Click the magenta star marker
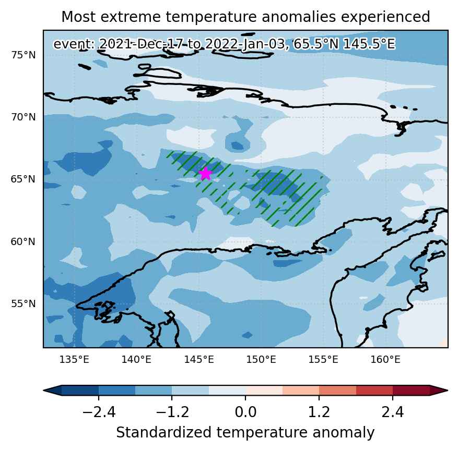coord(206,174)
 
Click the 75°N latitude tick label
coord(24,55)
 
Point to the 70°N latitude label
coord(24,117)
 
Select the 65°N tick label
coord(23,179)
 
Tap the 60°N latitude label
coord(23,242)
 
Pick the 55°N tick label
coord(24,304)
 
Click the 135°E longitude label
coord(74,359)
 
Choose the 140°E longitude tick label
coord(136,359)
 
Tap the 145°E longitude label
coord(199,359)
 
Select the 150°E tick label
coord(261,359)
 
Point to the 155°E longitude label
coord(323,359)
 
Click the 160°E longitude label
coord(385,359)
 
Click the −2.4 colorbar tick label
coord(99,412)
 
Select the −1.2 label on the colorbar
coord(172,412)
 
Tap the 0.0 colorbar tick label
coord(245,412)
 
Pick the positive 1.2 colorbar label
coord(319,412)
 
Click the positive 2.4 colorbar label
coord(393,412)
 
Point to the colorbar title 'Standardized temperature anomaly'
coord(245,432)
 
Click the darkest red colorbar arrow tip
coord(447,391)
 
